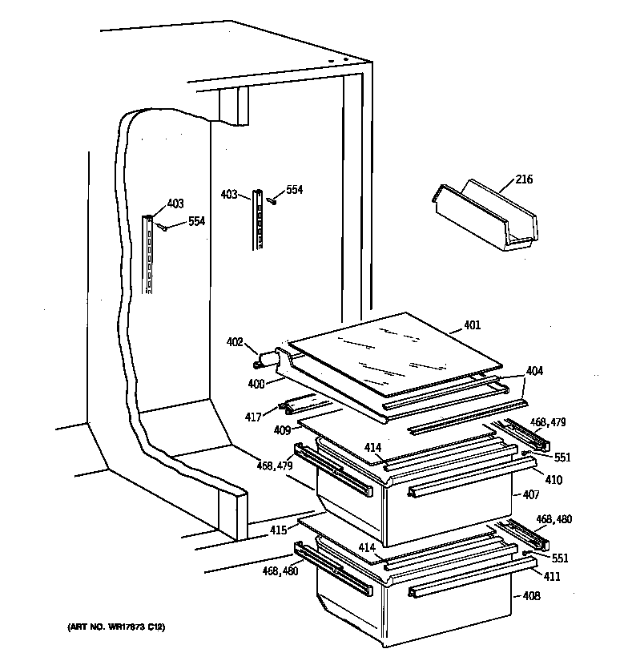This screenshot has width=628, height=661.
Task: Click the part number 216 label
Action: tap(524, 179)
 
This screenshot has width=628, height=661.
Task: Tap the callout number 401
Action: tap(473, 325)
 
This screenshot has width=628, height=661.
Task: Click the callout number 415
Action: tap(277, 530)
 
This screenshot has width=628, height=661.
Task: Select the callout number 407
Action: tap(531, 496)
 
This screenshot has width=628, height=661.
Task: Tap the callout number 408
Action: tap(531, 596)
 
